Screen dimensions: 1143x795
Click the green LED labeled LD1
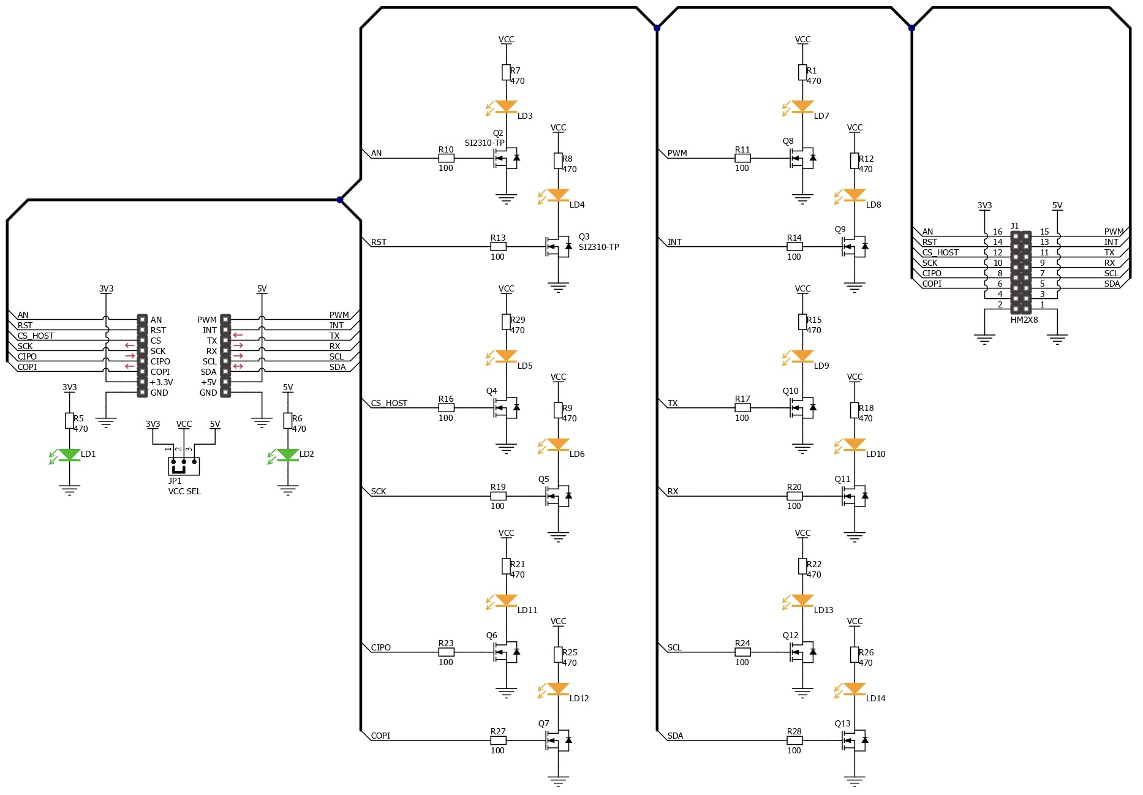pyautogui.click(x=69, y=455)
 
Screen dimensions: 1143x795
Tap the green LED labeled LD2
pyautogui.click(x=288, y=455)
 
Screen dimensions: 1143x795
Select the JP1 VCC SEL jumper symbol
pyautogui.click(x=184, y=466)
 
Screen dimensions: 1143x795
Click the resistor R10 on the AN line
pyautogui.click(x=446, y=158)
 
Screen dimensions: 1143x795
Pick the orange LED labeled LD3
pyautogui.click(x=506, y=107)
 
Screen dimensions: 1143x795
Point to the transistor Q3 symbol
pyautogui.click(x=559, y=247)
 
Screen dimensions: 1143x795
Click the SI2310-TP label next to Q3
pyautogui.click(x=598, y=247)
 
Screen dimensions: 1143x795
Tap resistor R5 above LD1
pyautogui.click(x=69, y=421)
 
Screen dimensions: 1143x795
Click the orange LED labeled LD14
pyautogui.click(x=854, y=690)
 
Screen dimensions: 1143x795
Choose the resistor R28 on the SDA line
pyautogui.click(x=794, y=740)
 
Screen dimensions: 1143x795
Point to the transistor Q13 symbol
pyautogui.click(x=855, y=740)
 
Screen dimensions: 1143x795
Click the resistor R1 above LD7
pyautogui.click(x=802, y=73)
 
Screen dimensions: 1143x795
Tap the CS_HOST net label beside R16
pyautogui.click(x=389, y=403)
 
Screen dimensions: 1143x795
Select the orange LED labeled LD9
pyautogui.click(x=802, y=357)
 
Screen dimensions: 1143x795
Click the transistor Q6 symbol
pyautogui.click(x=507, y=652)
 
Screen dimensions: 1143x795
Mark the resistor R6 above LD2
pyautogui.click(x=288, y=421)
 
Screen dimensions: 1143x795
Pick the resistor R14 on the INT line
pyautogui.click(x=794, y=247)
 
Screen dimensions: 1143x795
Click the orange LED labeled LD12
pyautogui.click(x=558, y=690)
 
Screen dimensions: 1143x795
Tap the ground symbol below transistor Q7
pyautogui.click(x=558, y=781)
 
